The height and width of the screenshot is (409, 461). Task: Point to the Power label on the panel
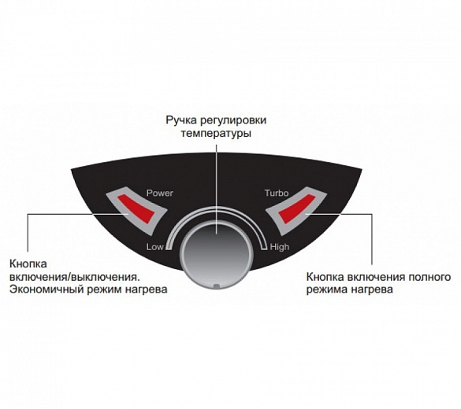160,193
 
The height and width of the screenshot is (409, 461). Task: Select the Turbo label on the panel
277,193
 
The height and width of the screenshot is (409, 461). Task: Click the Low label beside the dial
154,247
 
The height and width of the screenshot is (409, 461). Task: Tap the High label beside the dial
280,247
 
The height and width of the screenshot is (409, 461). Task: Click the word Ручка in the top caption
180,120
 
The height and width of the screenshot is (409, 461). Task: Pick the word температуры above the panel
216,134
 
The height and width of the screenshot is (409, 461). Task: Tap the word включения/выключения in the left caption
74,277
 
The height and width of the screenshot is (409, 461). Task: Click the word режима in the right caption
326,290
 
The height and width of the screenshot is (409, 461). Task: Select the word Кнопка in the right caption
325,277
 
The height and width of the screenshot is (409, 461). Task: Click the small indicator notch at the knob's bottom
217,286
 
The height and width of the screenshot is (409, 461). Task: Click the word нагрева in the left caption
146,289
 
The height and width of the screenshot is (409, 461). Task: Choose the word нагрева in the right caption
372,290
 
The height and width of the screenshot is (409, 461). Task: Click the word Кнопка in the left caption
28,263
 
